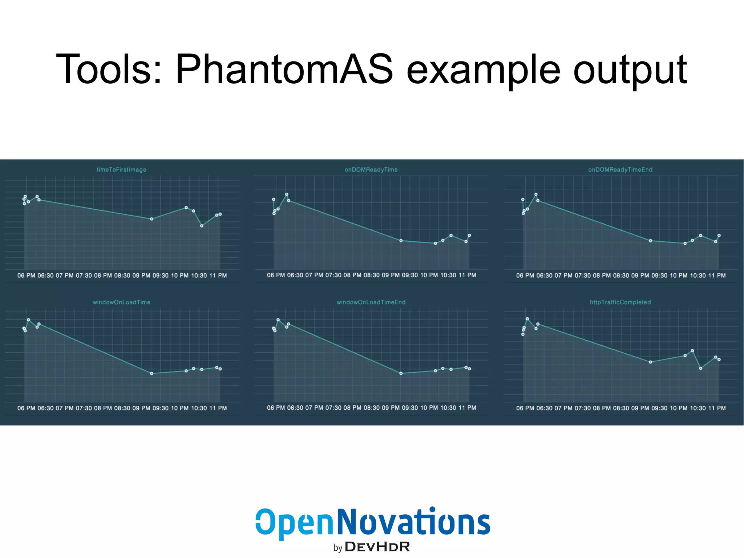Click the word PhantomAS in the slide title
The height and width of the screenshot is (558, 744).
(x=284, y=69)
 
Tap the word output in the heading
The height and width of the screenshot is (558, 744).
(x=630, y=69)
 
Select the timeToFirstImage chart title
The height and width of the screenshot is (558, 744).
(x=121, y=170)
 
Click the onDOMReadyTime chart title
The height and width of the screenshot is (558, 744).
(x=371, y=170)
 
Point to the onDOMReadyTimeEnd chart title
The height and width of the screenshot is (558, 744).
(x=620, y=170)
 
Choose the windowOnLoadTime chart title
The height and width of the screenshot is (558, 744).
(x=121, y=302)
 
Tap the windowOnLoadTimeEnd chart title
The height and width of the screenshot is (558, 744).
(x=371, y=302)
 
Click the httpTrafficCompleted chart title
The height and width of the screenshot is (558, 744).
(x=620, y=302)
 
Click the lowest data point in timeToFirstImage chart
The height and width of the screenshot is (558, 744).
(x=202, y=226)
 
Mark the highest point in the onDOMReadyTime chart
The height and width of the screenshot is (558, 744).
(x=287, y=194)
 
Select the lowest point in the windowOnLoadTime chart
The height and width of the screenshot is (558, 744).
(x=151, y=373)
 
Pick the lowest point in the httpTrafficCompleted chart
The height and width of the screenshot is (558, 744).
(x=700, y=368)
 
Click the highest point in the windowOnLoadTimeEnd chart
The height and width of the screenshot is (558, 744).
(x=278, y=320)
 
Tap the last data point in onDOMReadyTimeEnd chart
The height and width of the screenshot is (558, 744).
(x=719, y=236)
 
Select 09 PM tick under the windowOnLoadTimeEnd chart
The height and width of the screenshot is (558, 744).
(x=391, y=408)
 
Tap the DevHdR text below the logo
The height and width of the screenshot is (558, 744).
(x=377, y=547)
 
